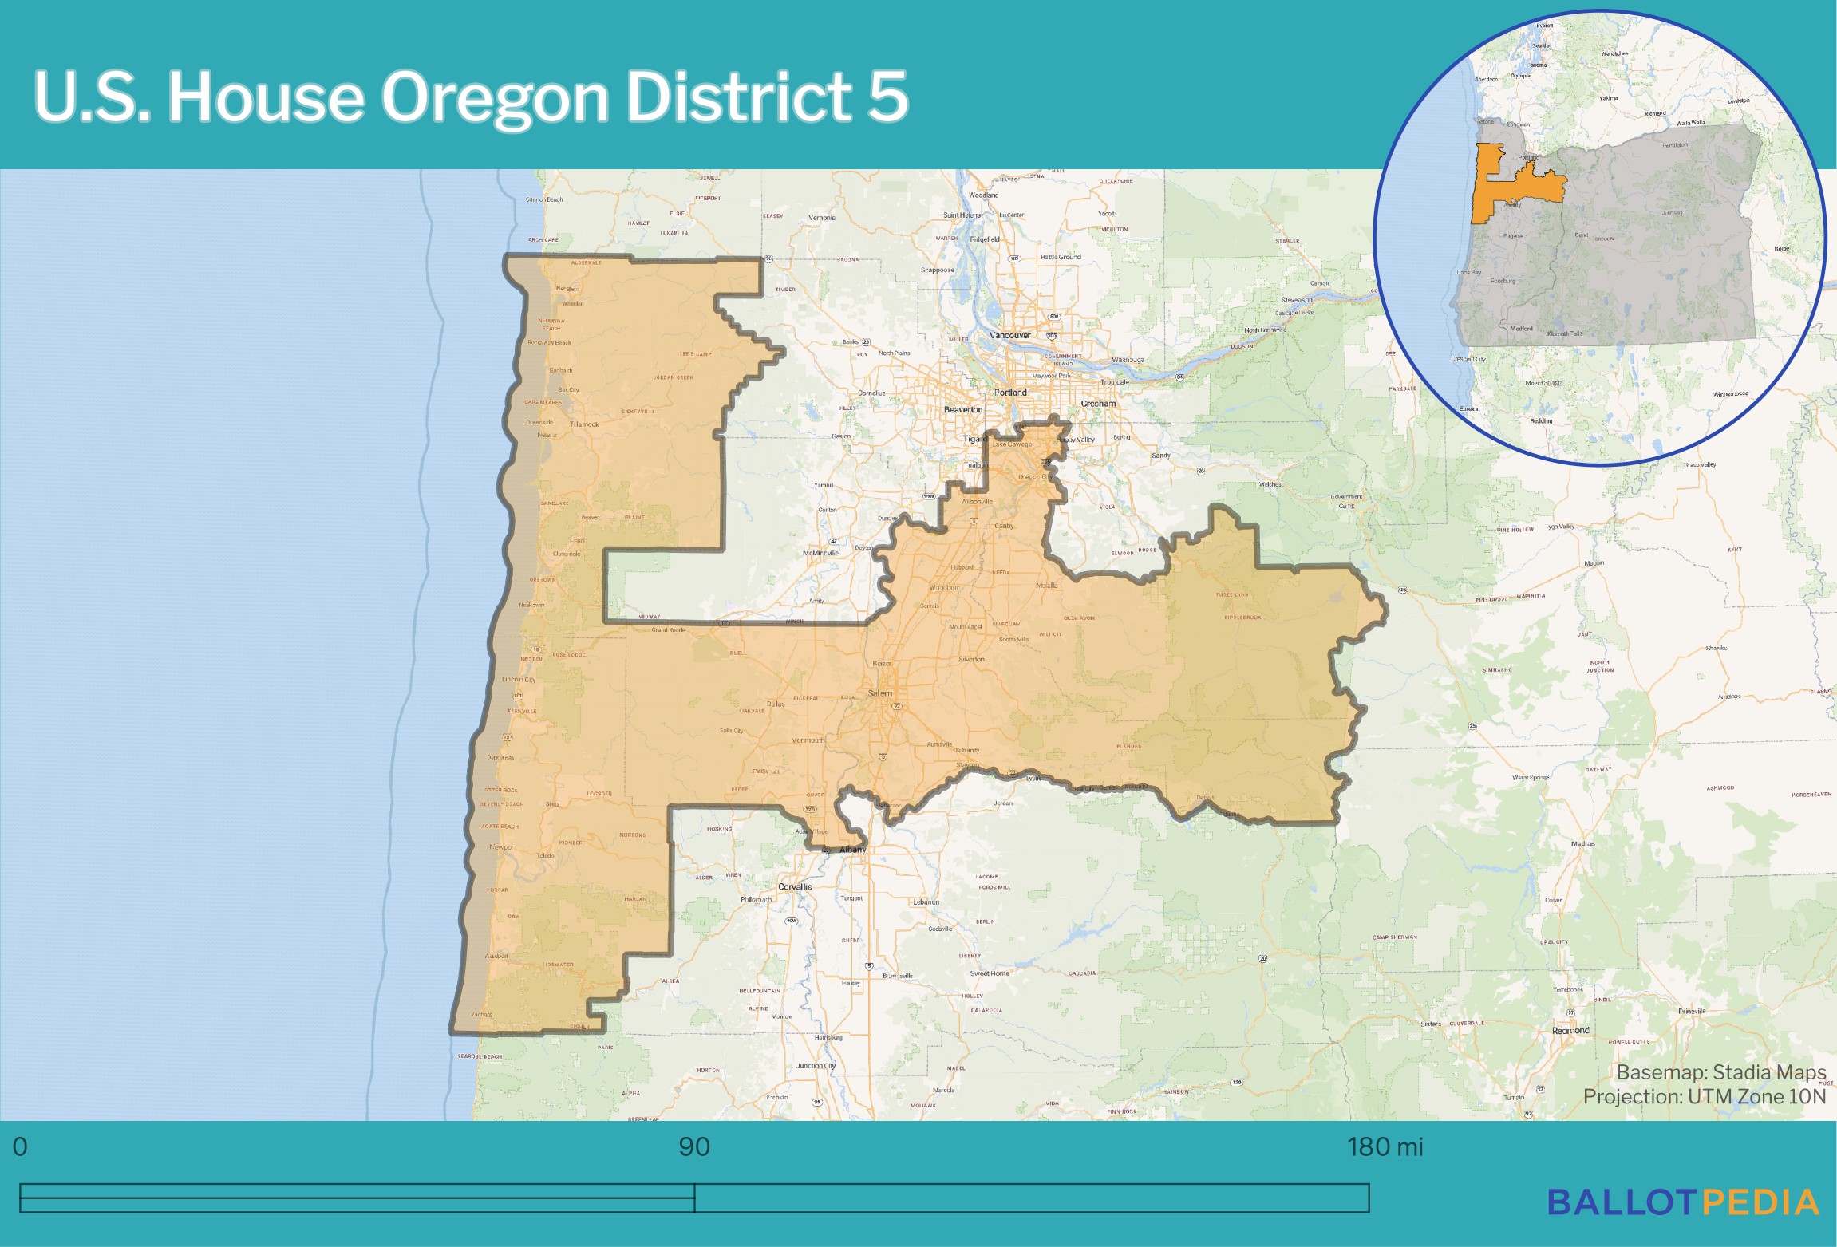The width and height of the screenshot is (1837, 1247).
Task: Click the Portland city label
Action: pos(1010,393)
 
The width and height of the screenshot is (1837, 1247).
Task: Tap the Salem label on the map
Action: pos(879,693)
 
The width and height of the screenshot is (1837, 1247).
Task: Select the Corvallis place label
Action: pos(795,886)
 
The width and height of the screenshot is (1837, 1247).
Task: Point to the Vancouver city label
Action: pos(1009,335)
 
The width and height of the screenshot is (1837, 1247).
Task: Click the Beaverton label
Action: pos(963,409)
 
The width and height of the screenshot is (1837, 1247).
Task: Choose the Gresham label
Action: pos(1098,404)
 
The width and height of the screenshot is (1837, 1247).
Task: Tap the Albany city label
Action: pos(852,850)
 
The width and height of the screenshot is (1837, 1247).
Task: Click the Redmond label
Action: pos(1570,1031)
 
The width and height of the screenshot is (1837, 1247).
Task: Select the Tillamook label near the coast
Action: pos(584,424)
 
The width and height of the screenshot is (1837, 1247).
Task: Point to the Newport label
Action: pos(502,847)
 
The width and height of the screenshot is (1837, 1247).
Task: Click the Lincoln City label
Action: pos(519,680)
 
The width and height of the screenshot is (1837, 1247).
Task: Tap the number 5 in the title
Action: pos(887,97)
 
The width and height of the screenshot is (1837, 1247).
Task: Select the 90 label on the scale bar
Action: pos(693,1147)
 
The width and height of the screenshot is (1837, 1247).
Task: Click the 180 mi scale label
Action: pos(1385,1147)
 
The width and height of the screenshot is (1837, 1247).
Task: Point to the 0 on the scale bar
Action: pos(20,1147)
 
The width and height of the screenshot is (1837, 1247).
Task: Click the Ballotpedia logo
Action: pos(1683,1202)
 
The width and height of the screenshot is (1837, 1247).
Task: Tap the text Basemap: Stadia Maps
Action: pos(1721,1072)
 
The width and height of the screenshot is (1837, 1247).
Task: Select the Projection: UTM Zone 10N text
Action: pos(1704,1097)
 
